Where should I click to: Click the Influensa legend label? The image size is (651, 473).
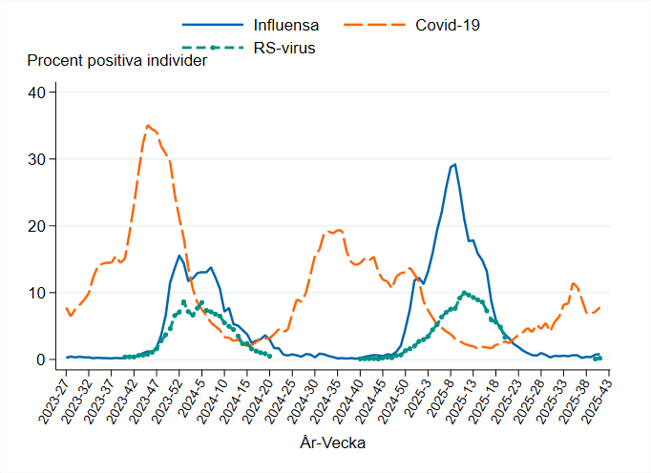click(286, 24)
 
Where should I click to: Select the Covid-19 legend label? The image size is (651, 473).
click(448, 24)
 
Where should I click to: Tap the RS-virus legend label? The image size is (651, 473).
click(285, 47)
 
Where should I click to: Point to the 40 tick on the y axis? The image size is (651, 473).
click(37, 93)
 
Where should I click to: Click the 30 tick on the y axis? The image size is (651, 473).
click(37, 159)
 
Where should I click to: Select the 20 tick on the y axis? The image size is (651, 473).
click(37, 226)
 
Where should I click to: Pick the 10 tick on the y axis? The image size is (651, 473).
click(37, 293)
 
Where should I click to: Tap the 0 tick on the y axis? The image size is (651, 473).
click(41, 360)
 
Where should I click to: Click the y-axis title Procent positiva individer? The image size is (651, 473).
click(117, 62)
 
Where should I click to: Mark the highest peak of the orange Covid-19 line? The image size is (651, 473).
click(147, 125)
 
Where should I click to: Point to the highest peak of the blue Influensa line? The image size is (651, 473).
click(454, 164)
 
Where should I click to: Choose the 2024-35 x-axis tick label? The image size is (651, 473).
click(324, 395)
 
